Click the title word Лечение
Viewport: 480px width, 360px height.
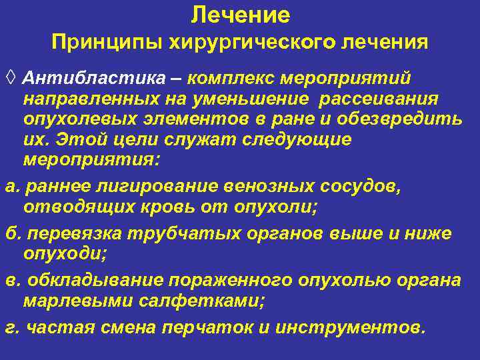(x=240, y=15)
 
